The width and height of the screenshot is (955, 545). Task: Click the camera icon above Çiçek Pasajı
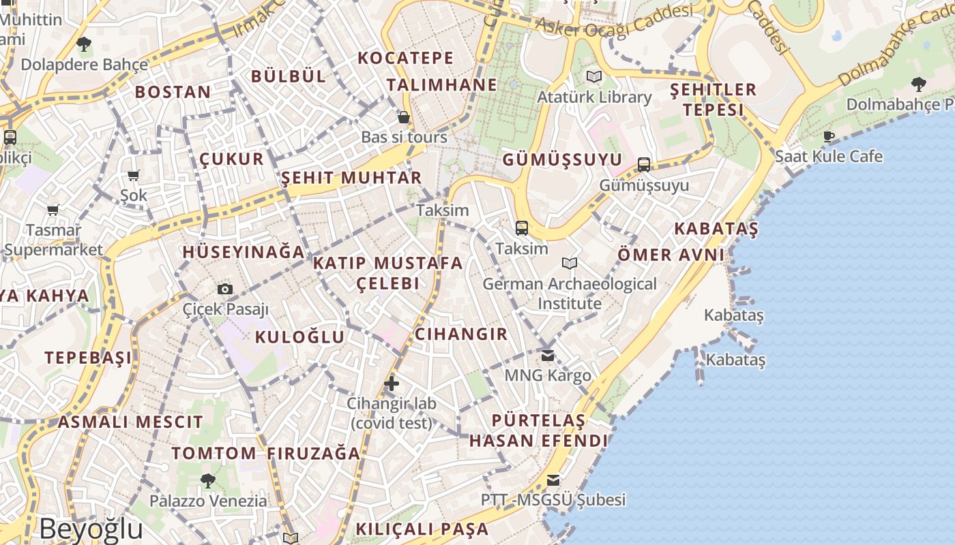pos(225,290)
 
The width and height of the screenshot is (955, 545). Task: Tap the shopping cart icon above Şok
pos(134,176)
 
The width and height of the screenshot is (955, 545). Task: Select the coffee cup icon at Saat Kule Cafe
pos(829,137)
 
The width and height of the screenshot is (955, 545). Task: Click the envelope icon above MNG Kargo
pos(548,356)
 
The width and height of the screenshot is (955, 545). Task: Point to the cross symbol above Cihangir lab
pos(392,384)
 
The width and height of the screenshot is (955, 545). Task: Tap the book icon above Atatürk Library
pos(594,77)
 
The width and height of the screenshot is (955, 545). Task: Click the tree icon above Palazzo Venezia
pos(208,481)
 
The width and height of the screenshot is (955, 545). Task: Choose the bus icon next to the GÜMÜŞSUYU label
pos(644,164)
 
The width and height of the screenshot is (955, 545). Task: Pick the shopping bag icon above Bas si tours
pos(404,117)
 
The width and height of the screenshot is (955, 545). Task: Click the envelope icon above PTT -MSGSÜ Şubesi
pos(553,480)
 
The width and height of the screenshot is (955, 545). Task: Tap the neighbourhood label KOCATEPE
pos(406,59)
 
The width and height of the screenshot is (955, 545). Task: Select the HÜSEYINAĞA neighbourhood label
pos(244,252)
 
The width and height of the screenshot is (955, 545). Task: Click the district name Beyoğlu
pos(91,529)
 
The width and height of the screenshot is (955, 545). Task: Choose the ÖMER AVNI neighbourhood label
pos(671,255)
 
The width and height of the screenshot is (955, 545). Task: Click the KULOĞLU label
pos(300,337)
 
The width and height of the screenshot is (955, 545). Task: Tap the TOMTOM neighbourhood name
pos(214,454)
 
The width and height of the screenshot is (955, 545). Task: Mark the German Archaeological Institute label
pos(570,294)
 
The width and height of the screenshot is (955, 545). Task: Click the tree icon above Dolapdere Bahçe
pos(84,45)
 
